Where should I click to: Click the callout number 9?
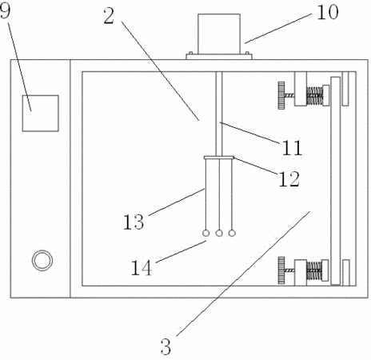click(5, 11)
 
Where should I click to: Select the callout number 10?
click(328, 12)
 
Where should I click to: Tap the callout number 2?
click(109, 16)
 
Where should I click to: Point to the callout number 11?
click(292, 147)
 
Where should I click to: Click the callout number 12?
click(289, 178)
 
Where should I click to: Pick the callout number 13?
click(134, 222)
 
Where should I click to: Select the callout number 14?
click(142, 268)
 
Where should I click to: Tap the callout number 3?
click(166, 346)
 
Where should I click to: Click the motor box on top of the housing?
click(219, 34)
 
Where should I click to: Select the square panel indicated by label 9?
click(40, 114)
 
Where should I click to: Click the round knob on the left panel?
click(42, 261)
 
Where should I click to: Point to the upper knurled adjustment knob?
click(281, 95)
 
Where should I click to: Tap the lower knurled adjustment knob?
click(281, 270)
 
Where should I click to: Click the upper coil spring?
click(314, 96)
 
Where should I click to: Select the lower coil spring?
click(314, 270)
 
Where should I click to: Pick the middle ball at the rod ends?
click(219, 234)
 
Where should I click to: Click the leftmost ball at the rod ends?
click(205, 234)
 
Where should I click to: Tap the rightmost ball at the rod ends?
click(232, 234)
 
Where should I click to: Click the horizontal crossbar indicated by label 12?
click(219, 158)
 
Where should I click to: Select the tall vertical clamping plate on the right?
click(336, 181)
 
